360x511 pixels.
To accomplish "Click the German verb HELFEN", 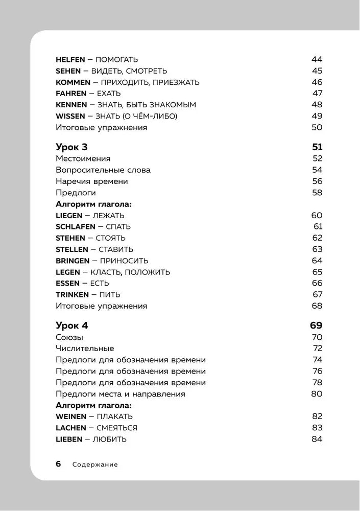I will (70, 59).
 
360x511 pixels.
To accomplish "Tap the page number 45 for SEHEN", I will (317, 71).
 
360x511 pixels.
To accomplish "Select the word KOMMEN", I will (73, 82).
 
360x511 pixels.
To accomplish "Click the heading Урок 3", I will (71, 147).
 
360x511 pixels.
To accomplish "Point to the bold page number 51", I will (317, 147).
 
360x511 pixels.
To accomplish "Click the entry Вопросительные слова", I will (103, 170).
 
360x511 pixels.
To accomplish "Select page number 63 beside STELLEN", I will (317, 249).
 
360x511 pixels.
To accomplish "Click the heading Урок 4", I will (71, 325).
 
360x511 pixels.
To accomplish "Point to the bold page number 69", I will (316, 325).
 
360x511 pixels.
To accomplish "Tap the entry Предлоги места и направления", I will (120, 394).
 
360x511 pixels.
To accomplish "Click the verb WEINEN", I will (71, 416).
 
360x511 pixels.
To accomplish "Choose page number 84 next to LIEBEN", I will (317, 439).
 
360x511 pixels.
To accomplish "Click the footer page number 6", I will (58, 464).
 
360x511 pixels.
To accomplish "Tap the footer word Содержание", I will (95, 464).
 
